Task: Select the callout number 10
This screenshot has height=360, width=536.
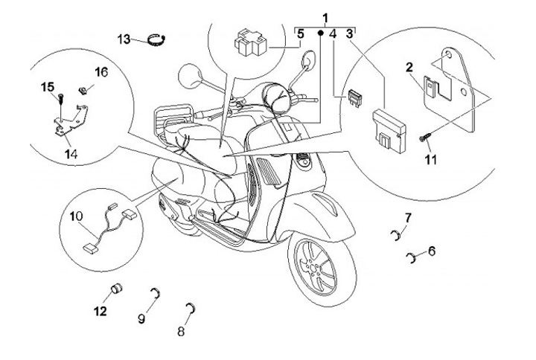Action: tap(75, 216)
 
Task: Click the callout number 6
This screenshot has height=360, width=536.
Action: tap(432, 251)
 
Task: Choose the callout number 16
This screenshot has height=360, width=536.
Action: tap(102, 71)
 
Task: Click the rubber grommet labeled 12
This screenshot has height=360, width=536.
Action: tap(117, 289)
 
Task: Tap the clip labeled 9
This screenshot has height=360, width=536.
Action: tap(154, 291)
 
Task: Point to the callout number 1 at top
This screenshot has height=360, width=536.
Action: tap(325, 16)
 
